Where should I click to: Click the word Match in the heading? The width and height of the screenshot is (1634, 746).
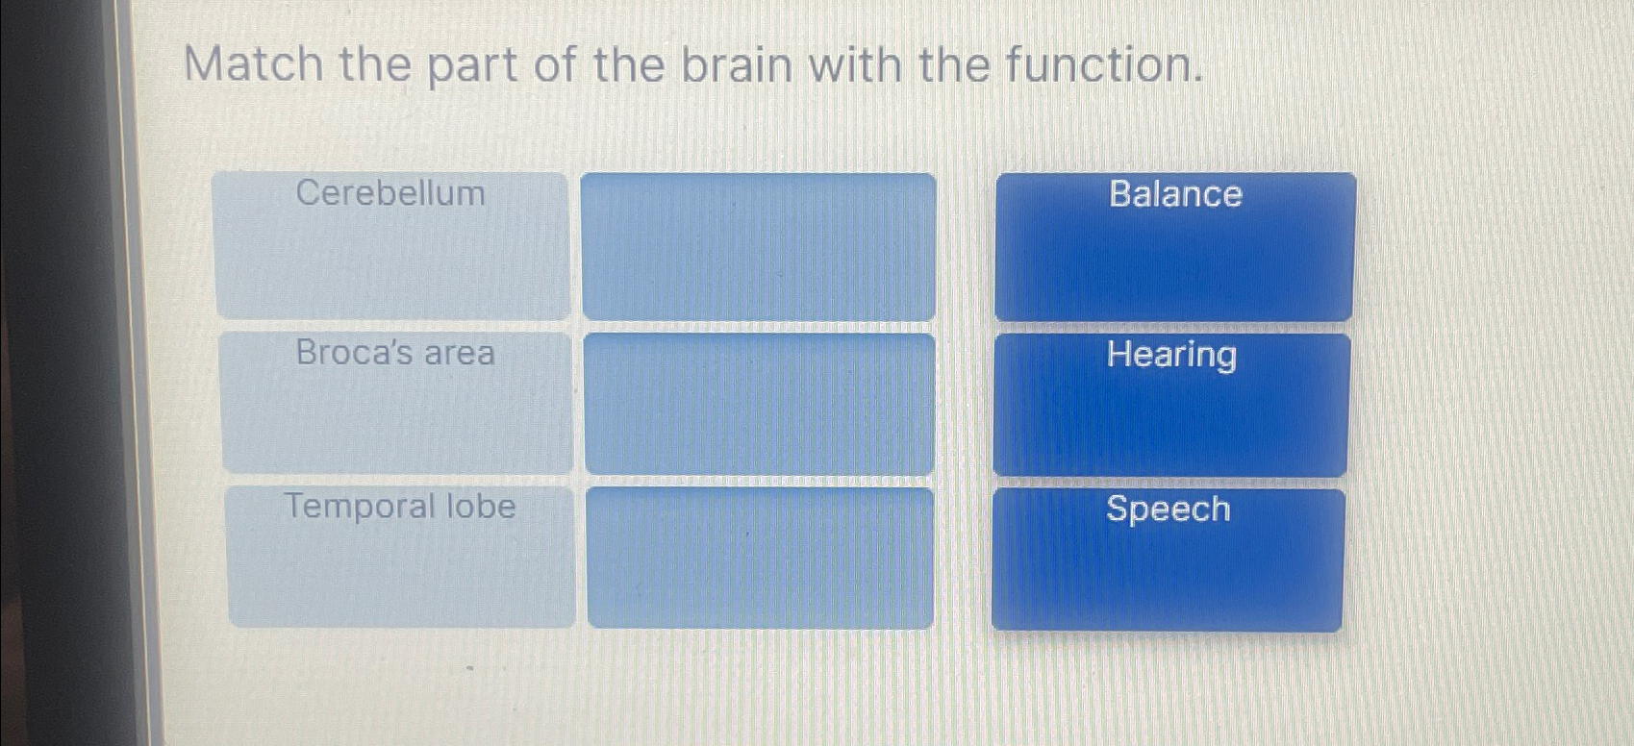coord(253,65)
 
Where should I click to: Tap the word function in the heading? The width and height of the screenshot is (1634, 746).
coord(1103,65)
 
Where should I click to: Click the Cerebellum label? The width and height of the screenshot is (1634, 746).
coord(390,193)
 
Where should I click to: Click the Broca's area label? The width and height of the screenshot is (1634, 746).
coord(395,353)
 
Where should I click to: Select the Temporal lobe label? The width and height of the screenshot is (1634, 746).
coord(400,506)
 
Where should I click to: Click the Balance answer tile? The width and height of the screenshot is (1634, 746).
coord(1174,246)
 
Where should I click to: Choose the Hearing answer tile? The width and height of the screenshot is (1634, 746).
coord(1170,404)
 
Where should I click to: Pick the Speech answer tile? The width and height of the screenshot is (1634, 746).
coord(1167,559)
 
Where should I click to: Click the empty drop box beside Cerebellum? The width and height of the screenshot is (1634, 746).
coord(759,246)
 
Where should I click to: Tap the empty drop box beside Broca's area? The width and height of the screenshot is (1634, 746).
coord(760,404)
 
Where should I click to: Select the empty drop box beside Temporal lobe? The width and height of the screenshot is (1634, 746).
coord(760,558)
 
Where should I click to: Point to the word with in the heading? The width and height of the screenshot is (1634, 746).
coord(854,65)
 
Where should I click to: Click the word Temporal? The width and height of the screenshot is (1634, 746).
coord(361,506)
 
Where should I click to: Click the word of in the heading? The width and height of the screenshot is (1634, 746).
coord(554,65)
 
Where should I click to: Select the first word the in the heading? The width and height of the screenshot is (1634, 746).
coord(374,65)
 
